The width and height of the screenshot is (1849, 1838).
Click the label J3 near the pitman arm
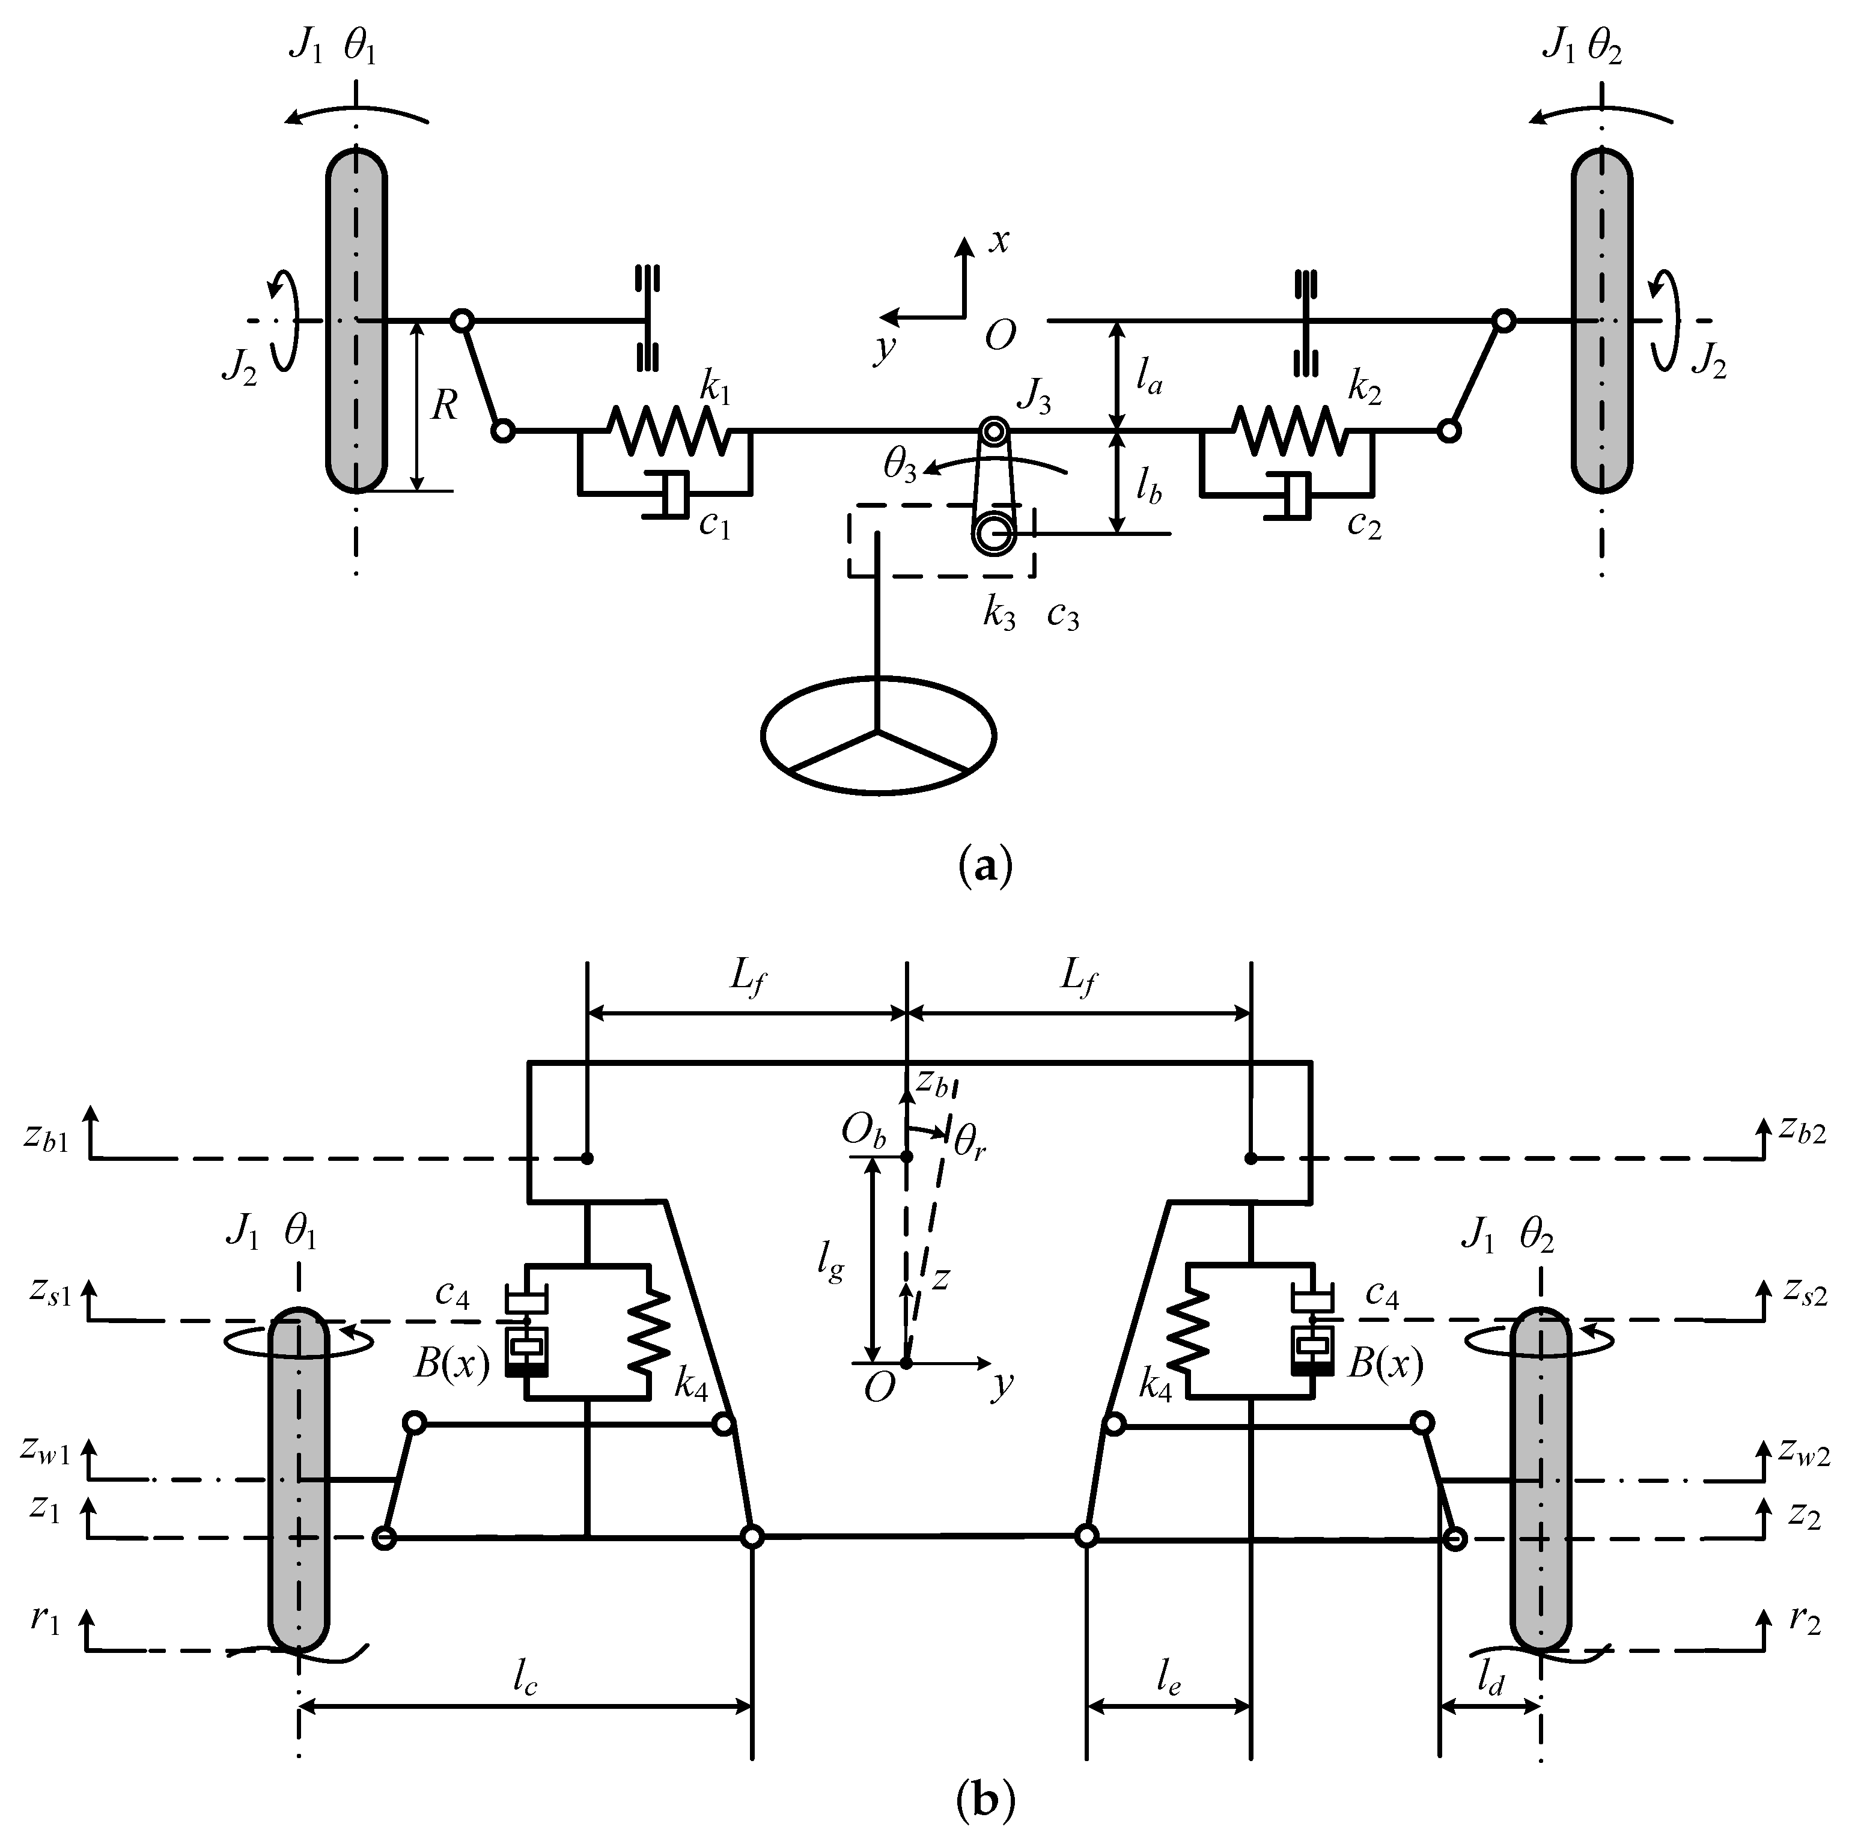1034,397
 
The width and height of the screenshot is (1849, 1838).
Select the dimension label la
1148,379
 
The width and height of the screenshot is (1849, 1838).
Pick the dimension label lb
1148,487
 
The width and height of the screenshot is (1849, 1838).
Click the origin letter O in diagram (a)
999,336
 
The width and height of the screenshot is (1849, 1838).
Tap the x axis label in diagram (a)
998,240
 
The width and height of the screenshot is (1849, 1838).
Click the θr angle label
969,1142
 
